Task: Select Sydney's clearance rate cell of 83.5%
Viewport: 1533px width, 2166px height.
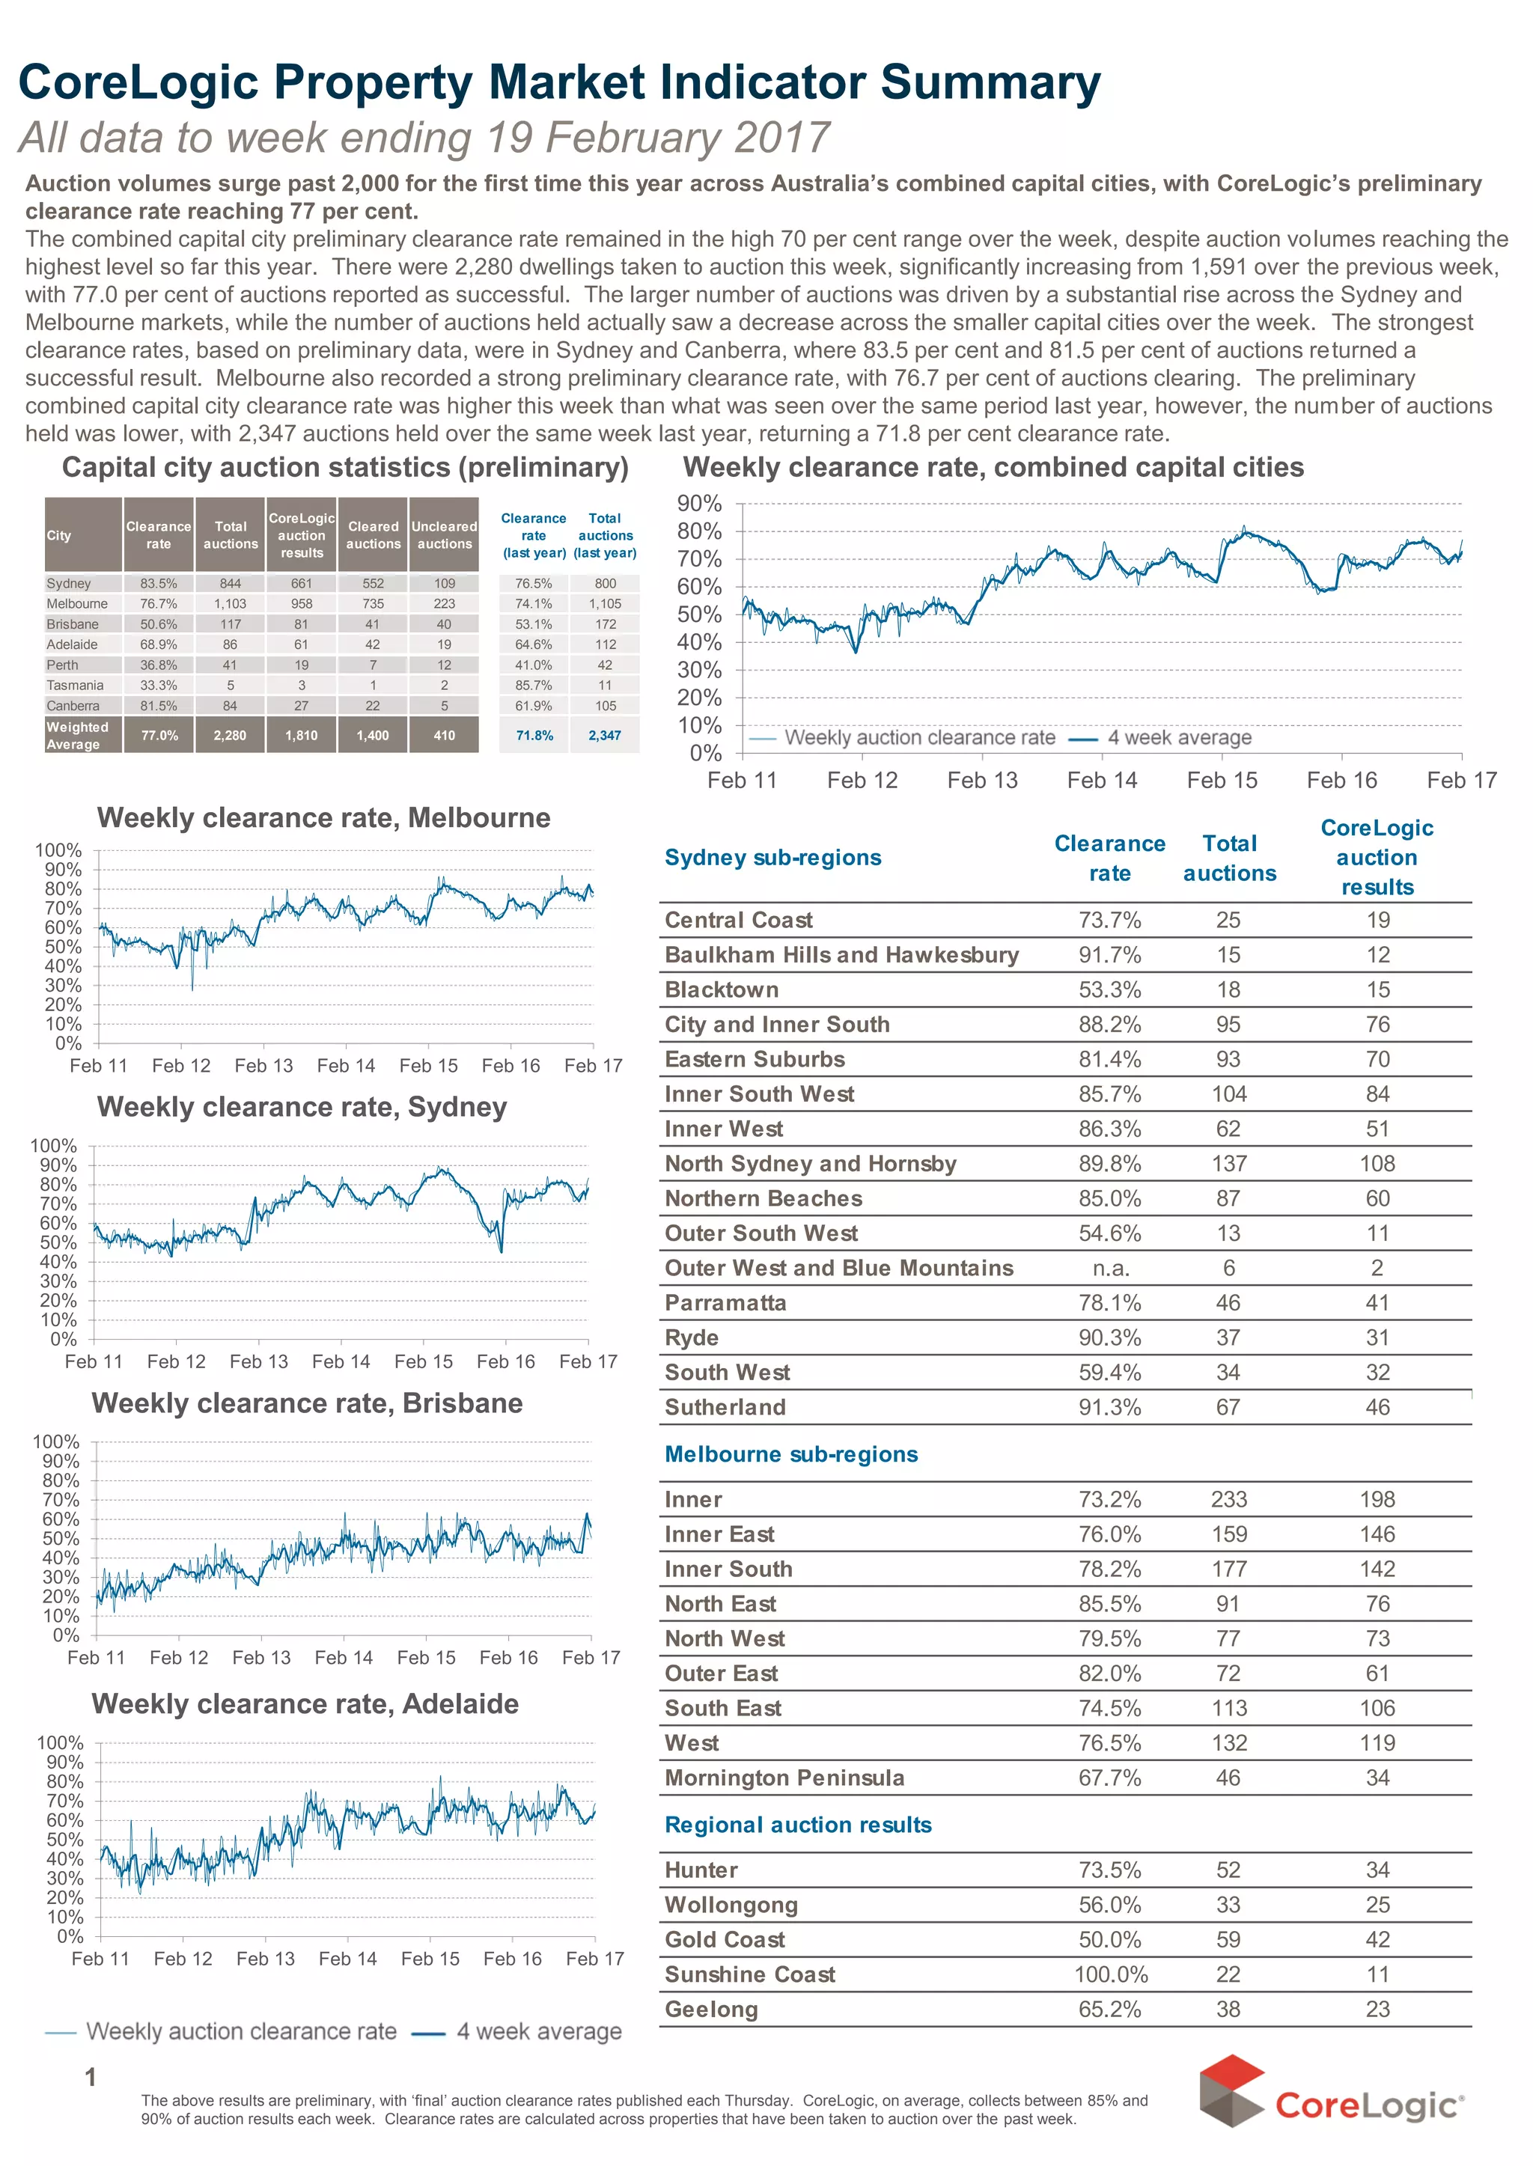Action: [159, 583]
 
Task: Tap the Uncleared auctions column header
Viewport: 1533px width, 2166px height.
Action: [444, 535]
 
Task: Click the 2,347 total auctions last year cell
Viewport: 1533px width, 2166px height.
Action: [604, 735]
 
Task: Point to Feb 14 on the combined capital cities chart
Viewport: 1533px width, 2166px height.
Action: [1102, 781]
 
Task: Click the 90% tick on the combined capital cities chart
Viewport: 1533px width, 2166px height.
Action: [699, 504]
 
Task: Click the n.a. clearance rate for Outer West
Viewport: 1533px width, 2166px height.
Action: [1110, 1268]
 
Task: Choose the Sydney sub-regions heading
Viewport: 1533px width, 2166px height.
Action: [772, 857]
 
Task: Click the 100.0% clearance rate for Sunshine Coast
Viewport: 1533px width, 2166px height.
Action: [1110, 1974]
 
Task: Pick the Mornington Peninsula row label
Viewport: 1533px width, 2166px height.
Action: [784, 1777]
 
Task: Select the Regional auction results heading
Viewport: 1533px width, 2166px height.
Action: [798, 1825]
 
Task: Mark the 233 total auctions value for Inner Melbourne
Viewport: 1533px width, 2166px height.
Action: [1228, 1498]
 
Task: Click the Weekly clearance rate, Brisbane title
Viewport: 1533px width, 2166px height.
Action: [307, 1403]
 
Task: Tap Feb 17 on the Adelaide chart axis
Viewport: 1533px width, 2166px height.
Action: [594, 1959]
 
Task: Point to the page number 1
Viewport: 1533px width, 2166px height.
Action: [91, 2076]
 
